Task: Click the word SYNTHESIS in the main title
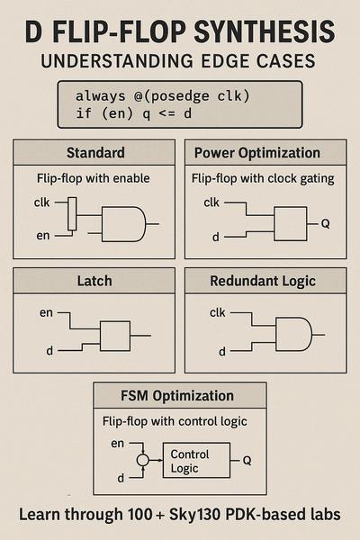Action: (x=265, y=31)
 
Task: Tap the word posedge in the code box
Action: (x=180, y=96)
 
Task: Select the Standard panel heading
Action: (x=95, y=153)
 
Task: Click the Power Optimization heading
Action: (x=257, y=153)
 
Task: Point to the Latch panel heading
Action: (x=94, y=281)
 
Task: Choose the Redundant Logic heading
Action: (x=263, y=281)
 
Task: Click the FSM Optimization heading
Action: (x=177, y=396)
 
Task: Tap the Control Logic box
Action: (x=196, y=461)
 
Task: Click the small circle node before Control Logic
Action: (x=142, y=460)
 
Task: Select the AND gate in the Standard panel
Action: (x=123, y=224)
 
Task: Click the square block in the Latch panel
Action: (x=115, y=336)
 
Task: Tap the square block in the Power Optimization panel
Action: (x=291, y=224)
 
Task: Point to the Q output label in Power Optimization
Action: (x=325, y=224)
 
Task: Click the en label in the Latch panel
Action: (x=46, y=313)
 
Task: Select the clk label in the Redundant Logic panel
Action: (x=218, y=312)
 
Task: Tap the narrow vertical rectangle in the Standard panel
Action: (x=72, y=214)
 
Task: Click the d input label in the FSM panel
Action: (x=121, y=478)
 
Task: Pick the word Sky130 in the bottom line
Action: (x=194, y=515)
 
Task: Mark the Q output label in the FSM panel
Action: (x=247, y=461)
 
